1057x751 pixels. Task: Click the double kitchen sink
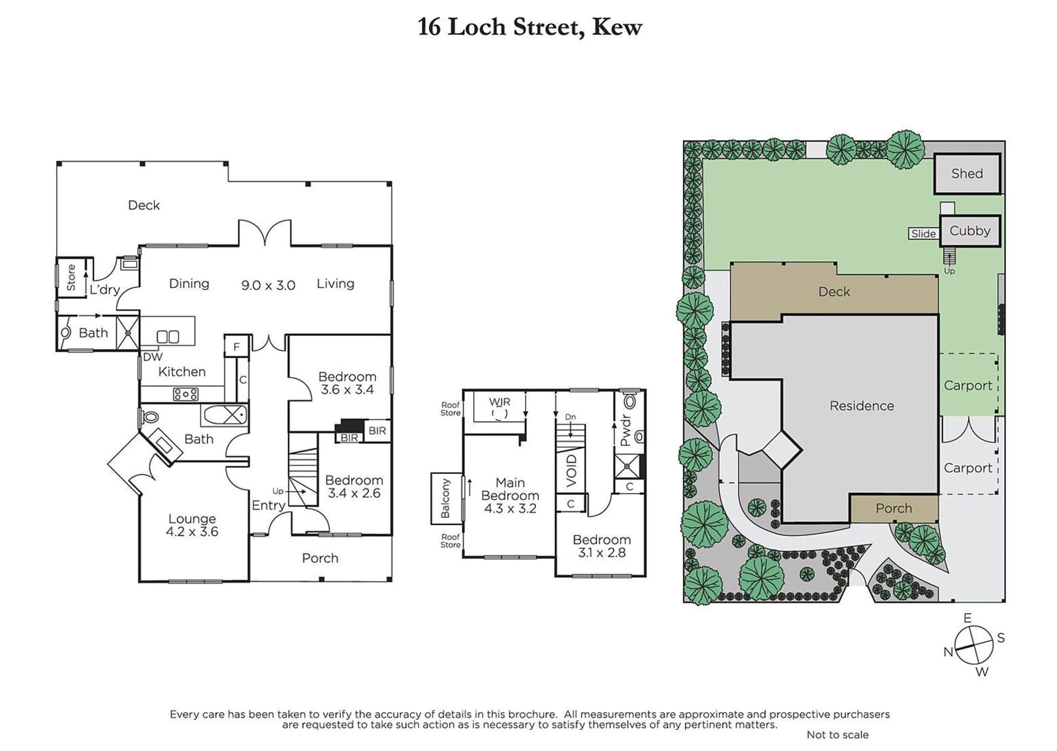168,337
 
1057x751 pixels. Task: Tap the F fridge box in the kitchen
236,346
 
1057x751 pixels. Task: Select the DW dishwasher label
153,357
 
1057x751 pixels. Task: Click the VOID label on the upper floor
571,471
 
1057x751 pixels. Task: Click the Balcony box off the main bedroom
446,498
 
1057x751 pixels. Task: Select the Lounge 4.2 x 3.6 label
192,525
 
